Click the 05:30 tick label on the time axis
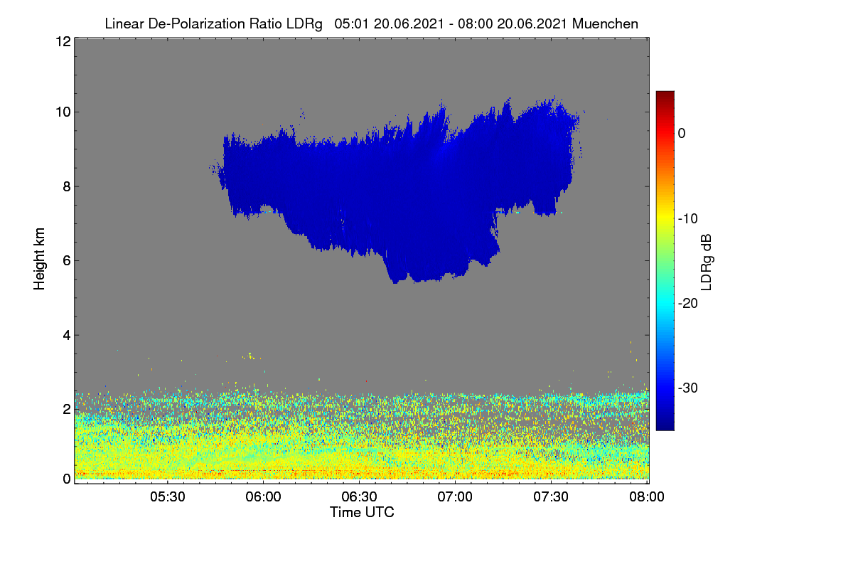168,497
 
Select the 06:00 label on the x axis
263,497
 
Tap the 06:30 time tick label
359,497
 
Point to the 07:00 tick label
455,497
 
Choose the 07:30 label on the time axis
551,497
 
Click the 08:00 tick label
647,497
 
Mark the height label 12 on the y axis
63,41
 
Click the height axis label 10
63,112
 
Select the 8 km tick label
67,187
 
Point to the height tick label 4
67,336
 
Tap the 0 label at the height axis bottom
67,479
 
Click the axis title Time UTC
362,512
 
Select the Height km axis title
39,259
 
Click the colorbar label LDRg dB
706,262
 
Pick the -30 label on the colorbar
688,388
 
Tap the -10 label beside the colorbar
688,219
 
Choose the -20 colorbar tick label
688,304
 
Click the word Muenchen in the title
605,23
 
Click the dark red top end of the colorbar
665,93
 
